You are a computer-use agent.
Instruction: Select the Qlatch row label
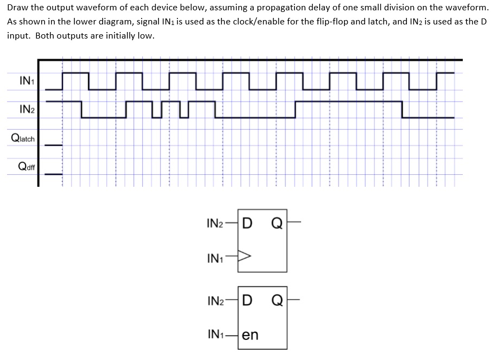[x=23, y=138]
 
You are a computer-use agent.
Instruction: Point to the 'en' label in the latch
[x=250, y=334]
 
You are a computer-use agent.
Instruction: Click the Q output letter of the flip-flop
[x=276, y=224]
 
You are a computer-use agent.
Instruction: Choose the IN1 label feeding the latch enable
[x=216, y=334]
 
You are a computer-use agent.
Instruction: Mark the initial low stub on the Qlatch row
[x=53, y=144]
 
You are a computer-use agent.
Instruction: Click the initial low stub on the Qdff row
[x=53, y=174]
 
